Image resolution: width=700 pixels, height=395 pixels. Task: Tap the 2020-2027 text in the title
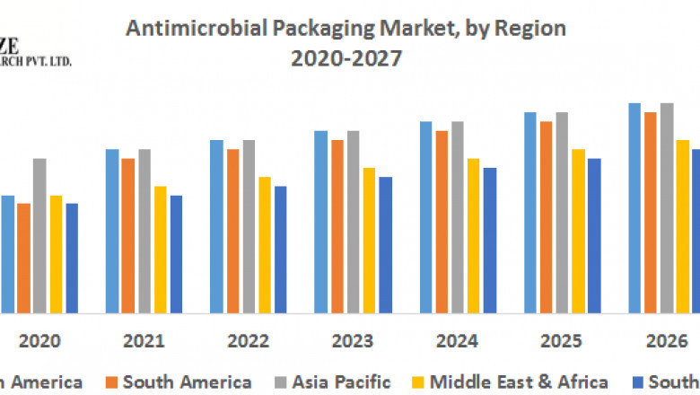346,59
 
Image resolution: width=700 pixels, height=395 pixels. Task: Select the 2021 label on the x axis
144,340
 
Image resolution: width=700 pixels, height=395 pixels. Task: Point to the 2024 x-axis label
457,340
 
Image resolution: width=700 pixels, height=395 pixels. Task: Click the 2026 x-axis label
665,340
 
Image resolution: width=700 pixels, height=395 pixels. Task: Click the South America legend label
187,382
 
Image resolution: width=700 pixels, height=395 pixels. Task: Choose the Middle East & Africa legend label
520,382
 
